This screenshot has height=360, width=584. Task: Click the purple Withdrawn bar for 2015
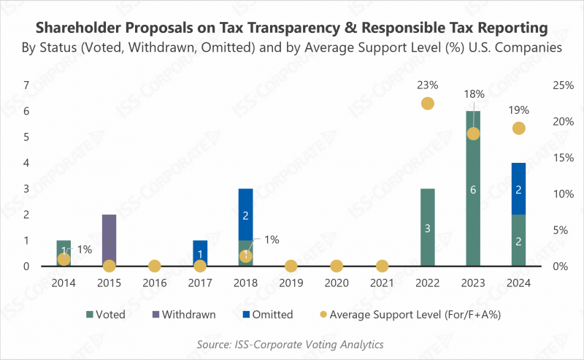point(109,240)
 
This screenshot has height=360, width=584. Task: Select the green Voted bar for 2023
point(473,189)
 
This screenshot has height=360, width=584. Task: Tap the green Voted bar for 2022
point(428,228)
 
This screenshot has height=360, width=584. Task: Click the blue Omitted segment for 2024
point(518,188)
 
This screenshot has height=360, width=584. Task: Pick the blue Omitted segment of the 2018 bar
point(245,215)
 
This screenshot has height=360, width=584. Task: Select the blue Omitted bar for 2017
point(200,253)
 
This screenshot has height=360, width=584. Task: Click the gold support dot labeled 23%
point(428,104)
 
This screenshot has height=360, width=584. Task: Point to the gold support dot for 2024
point(518,129)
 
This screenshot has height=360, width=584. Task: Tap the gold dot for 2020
point(337,266)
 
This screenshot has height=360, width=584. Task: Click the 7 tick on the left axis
point(26,85)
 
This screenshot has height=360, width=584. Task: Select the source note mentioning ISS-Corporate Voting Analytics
point(291,344)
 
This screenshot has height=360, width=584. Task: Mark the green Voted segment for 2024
point(518,240)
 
